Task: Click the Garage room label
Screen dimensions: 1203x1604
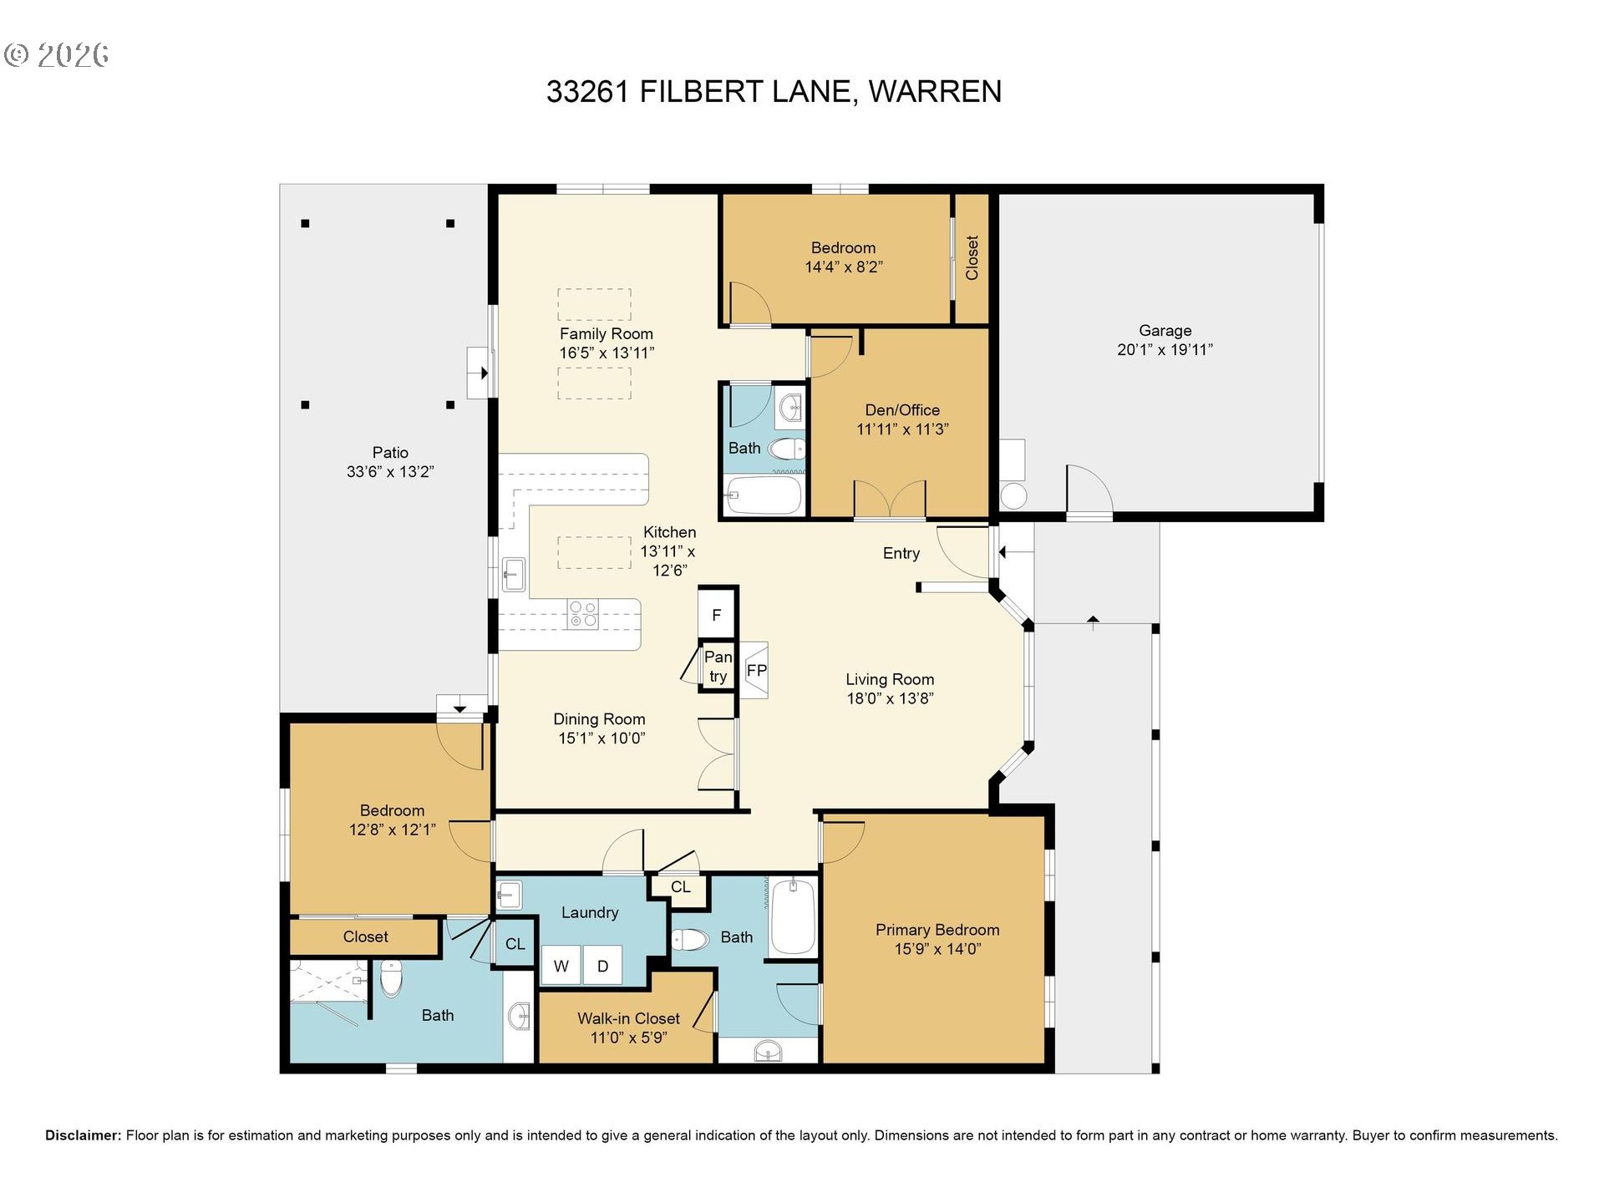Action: pos(1165,331)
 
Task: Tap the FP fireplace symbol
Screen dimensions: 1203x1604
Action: pos(756,670)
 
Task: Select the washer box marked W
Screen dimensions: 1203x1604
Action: pos(561,967)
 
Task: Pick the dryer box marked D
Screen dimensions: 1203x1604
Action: pos(602,967)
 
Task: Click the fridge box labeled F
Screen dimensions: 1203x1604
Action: pos(717,616)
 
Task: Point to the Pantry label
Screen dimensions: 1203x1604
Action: pos(718,667)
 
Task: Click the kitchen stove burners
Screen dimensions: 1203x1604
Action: pos(583,614)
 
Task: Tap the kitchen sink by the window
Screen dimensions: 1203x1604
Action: pos(513,574)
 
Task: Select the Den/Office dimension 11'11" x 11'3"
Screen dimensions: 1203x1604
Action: pos(902,429)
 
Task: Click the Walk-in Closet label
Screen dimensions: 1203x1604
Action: pos(628,1018)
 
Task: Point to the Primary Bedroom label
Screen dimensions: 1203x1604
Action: pos(937,930)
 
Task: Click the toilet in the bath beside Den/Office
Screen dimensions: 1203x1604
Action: pos(786,449)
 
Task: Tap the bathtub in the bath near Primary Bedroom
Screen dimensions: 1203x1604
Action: pos(793,916)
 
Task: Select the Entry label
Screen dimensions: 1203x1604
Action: pos(901,553)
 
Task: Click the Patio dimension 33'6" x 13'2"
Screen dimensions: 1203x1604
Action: pos(390,472)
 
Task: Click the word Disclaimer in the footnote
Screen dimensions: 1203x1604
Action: pos(83,1135)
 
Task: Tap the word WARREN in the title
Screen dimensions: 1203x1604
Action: pos(935,91)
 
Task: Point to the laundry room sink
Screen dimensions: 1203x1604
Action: pos(509,895)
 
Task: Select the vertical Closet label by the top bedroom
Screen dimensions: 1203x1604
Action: pos(972,257)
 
